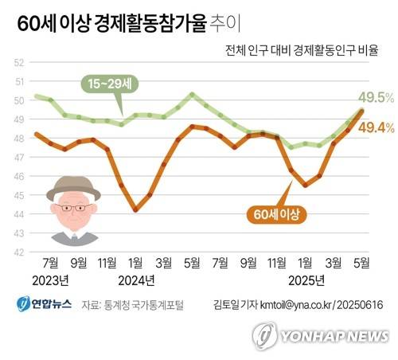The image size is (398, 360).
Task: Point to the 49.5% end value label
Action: click(377, 98)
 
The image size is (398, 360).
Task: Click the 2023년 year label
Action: click(51, 280)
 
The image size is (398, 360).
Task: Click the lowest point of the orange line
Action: click(135, 210)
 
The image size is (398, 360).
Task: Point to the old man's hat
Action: click(72, 190)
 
